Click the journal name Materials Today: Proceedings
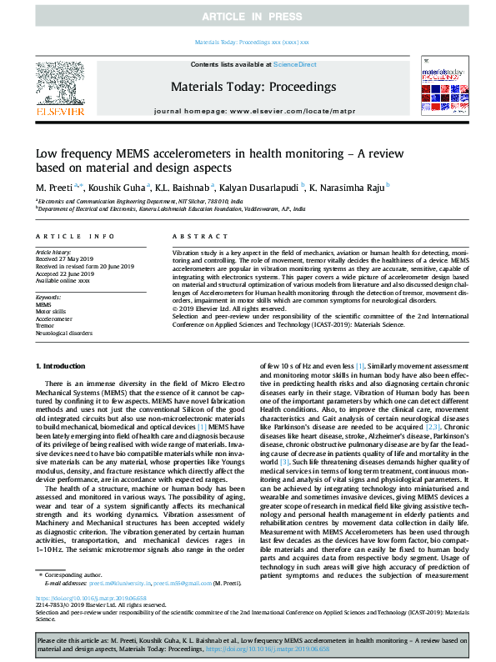point(247,86)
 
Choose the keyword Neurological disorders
point(64,332)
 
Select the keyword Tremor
point(45,325)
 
